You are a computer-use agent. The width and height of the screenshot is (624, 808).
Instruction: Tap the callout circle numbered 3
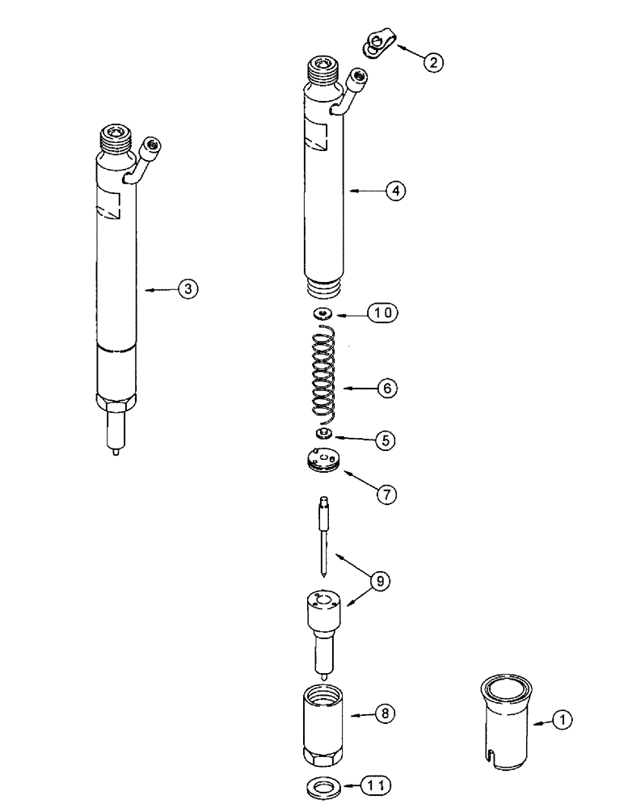coord(188,288)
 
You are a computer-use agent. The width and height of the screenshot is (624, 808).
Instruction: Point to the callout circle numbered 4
coord(394,191)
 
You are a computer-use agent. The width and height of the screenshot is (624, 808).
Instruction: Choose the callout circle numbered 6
coord(387,389)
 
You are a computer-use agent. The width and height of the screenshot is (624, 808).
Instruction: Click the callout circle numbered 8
coord(386,714)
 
